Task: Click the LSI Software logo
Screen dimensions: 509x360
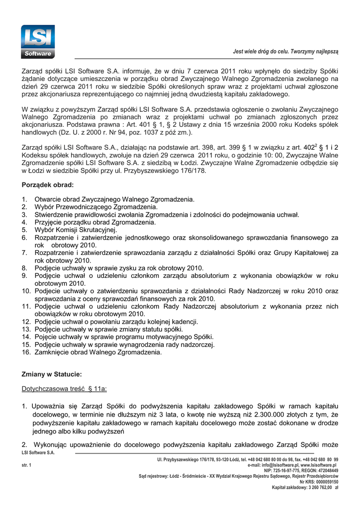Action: (38, 41)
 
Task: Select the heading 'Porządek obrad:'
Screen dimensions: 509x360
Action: (48, 185)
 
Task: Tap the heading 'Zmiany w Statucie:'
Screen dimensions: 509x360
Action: (52, 374)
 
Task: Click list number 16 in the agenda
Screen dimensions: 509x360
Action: (26, 352)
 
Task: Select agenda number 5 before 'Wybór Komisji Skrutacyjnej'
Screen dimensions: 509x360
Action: (24, 230)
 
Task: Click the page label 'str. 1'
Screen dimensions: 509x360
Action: (26, 465)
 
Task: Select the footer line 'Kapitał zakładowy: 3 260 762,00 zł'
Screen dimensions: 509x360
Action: (305, 488)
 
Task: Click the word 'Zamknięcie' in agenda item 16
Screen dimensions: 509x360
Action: (53, 352)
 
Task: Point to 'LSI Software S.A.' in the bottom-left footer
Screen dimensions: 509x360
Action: (38, 453)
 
